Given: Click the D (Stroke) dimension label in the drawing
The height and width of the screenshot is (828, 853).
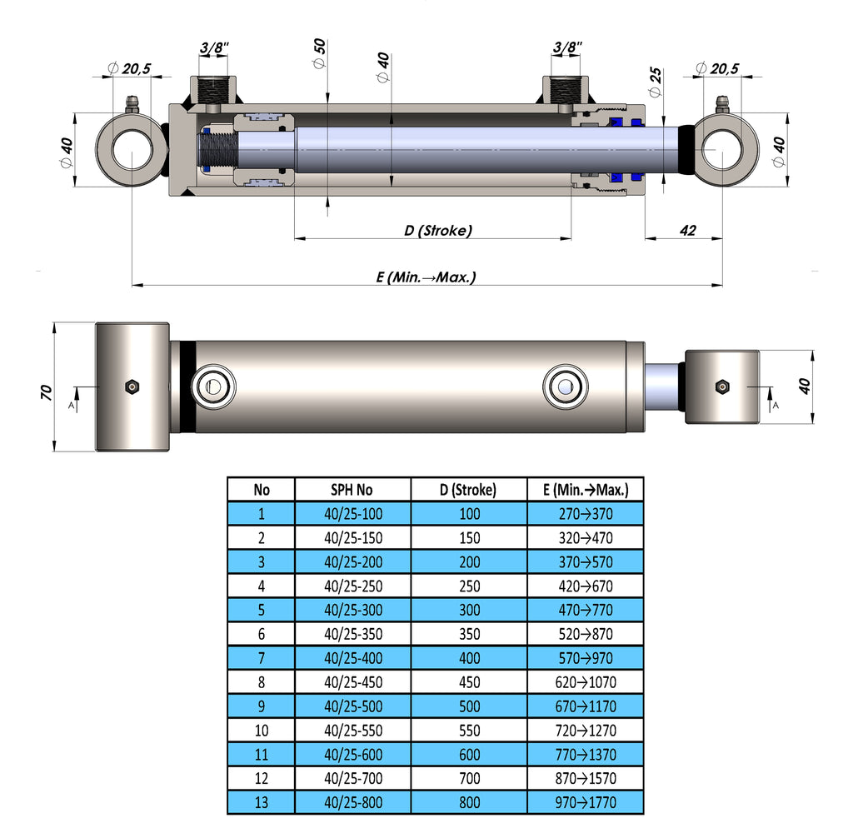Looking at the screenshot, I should (438, 230).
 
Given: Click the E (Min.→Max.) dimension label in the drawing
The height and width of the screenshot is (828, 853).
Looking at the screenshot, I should (426, 277).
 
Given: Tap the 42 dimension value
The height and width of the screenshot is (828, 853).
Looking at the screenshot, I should (687, 230).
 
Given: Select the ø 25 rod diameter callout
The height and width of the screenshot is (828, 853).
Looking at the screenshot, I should (656, 80).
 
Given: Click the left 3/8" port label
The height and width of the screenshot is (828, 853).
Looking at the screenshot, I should (215, 47).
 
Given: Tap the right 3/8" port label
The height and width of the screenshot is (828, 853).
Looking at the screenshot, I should (567, 47).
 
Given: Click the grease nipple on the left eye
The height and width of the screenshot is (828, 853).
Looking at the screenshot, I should (131, 105).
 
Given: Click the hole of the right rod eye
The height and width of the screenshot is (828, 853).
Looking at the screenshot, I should (721, 150).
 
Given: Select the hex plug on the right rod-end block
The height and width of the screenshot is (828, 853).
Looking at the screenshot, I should (722, 387).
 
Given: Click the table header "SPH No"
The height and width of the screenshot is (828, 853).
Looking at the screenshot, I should (352, 490).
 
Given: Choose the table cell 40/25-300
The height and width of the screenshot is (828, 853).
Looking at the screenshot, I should (352, 610).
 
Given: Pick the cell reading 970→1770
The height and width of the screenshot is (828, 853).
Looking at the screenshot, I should (585, 803).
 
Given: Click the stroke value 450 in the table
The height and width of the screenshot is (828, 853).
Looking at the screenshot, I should (469, 682).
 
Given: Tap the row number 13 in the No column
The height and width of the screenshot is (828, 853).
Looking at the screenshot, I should (261, 803).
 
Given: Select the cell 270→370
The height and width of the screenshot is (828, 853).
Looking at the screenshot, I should (585, 514).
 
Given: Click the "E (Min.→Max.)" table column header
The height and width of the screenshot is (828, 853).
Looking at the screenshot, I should (585, 490).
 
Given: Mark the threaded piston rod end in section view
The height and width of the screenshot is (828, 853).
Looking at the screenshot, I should (218, 150).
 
